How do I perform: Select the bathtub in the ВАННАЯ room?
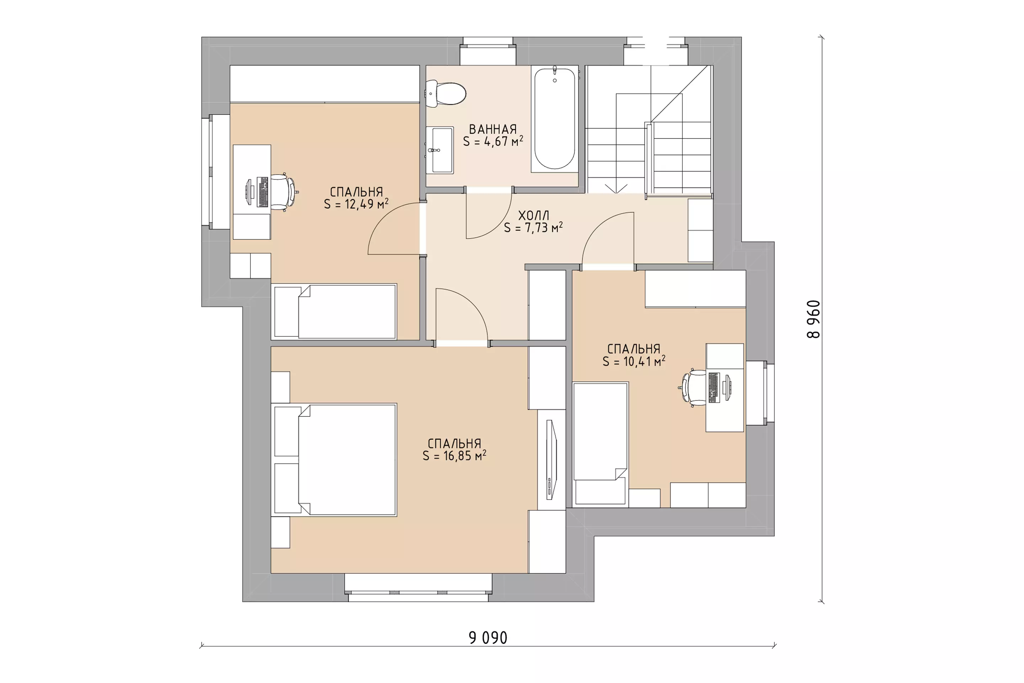555,118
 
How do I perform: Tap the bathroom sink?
440,150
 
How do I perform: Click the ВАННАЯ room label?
493,129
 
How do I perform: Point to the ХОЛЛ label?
533,216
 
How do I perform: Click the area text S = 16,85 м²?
454,456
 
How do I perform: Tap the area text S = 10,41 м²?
634,361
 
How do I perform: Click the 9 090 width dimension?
488,638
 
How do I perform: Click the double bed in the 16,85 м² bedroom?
334,460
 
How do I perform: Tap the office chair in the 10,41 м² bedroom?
693,388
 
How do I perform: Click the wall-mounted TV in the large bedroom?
551,460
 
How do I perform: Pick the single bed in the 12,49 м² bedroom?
334,312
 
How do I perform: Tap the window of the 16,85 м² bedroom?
418,588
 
